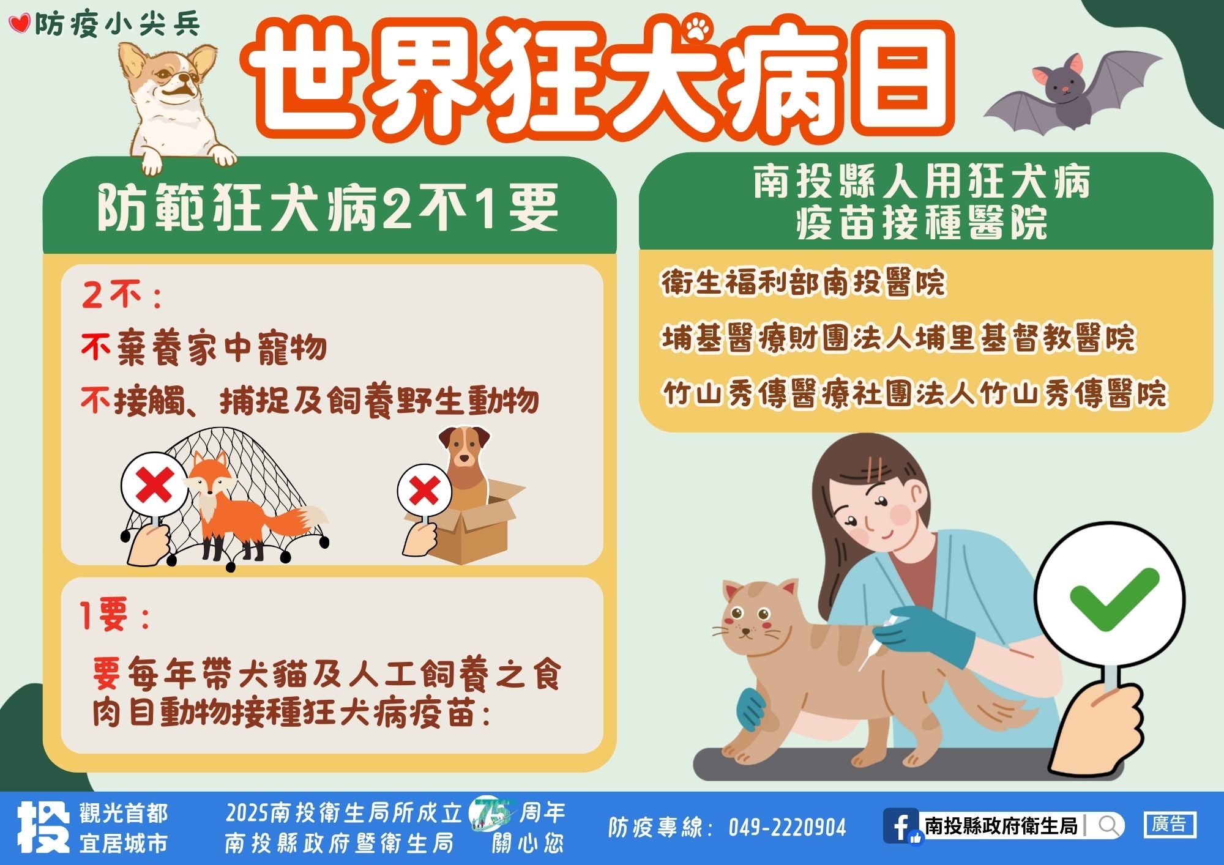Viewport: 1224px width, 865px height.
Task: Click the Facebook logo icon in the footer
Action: (x=901, y=826)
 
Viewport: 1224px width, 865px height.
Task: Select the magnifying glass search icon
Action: (x=1108, y=826)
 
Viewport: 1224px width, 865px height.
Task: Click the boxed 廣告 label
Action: (x=1170, y=825)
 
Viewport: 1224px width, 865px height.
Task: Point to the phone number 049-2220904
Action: (x=787, y=828)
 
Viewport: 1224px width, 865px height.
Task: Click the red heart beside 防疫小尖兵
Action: (x=20, y=24)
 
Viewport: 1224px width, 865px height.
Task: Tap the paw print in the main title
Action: (x=698, y=28)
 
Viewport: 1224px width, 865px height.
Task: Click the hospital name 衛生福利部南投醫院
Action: (x=803, y=283)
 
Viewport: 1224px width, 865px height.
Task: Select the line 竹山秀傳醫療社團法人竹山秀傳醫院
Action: (x=916, y=393)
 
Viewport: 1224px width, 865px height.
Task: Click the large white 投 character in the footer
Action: (x=43, y=827)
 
